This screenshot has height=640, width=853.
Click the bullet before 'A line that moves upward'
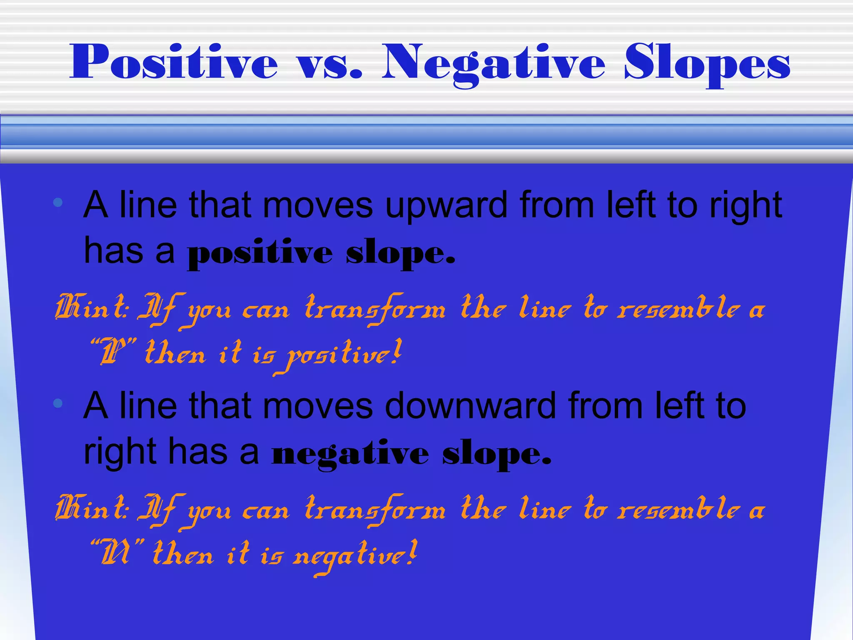(x=58, y=203)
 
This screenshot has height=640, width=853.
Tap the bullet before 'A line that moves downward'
(x=58, y=403)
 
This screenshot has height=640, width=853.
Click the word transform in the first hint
(x=375, y=310)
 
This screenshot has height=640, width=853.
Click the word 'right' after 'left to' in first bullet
(x=746, y=205)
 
